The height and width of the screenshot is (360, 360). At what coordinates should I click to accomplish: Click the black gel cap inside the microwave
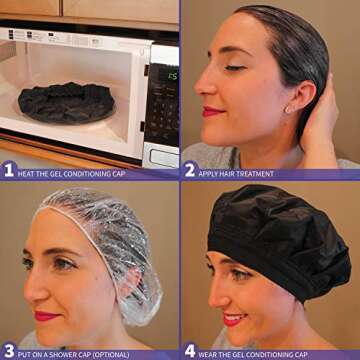[67, 103]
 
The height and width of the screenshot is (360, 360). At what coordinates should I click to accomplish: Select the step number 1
[9, 171]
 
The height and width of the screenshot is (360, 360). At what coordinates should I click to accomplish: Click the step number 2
[190, 171]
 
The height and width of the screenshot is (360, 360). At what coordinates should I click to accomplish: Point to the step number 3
[9, 352]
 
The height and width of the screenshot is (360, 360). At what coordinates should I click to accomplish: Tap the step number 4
[190, 352]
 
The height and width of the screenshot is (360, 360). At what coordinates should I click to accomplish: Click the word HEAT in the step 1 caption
[25, 174]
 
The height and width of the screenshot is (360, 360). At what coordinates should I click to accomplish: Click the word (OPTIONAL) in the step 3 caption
[112, 355]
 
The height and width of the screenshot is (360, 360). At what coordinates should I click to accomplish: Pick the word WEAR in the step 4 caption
[207, 355]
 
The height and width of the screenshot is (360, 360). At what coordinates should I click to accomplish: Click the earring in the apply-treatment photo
[287, 110]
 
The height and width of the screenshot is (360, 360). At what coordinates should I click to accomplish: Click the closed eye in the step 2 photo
[235, 68]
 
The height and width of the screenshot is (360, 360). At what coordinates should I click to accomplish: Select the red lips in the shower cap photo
[47, 316]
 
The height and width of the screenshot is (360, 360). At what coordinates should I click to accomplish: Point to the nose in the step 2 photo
[203, 83]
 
